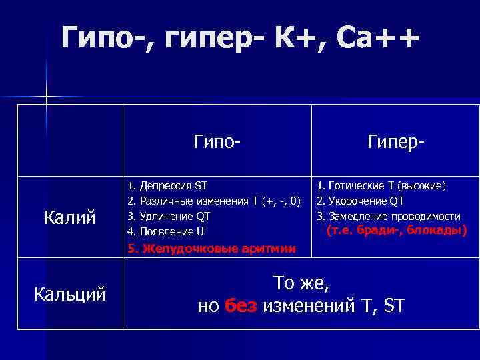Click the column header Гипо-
click(217, 141)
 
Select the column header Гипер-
click(397, 141)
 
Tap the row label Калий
click(70, 217)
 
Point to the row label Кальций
click(70, 293)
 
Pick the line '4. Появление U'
click(166, 232)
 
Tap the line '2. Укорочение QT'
click(361, 201)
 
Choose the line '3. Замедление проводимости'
click(388, 216)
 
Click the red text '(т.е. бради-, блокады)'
click(397, 231)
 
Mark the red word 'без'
click(241, 306)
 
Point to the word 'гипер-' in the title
click(217, 38)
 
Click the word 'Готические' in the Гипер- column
click(358, 185)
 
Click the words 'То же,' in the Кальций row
click(302, 283)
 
